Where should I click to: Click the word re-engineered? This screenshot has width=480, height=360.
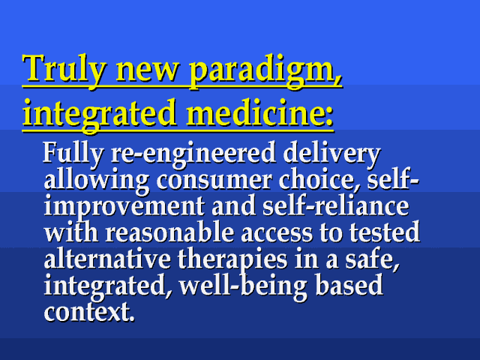193,154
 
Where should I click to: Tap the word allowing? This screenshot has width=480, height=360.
97,181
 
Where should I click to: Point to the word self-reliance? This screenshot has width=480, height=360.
335,205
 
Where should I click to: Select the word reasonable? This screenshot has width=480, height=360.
169,232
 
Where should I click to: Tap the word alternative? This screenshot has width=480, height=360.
107,258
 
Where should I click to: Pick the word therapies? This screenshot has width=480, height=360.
232,260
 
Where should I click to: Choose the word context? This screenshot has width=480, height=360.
89,312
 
